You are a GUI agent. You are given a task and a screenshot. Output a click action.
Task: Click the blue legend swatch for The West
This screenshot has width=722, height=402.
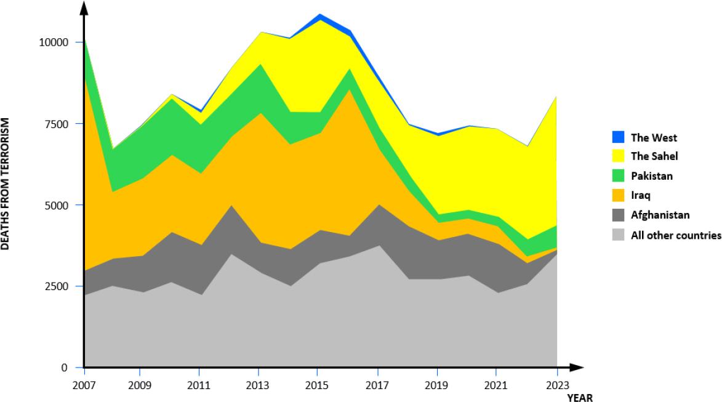pyautogui.click(x=619, y=137)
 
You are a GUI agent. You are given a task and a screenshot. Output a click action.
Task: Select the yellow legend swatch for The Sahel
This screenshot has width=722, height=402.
pyautogui.click(x=619, y=156)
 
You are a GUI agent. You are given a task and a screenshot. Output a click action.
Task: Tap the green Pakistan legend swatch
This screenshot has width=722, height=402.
pyautogui.click(x=619, y=176)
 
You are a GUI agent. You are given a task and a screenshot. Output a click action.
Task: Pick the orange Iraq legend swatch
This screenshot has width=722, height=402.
pyautogui.click(x=619, y=195)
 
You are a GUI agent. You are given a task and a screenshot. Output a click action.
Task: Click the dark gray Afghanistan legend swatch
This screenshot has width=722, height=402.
pyautogui.click(x=619, y=215)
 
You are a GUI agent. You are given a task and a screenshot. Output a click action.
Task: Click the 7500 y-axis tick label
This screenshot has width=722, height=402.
pyautogui.click(x=57, y=124)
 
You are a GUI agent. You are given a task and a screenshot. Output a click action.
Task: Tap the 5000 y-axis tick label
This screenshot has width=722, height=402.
pyautogui.click(x=57, y=205)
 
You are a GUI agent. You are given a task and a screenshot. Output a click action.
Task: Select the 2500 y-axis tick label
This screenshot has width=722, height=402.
pyautogui.click(x=57, y=286)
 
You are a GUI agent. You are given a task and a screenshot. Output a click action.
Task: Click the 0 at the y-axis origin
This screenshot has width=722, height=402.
pyautogui.click(x=65, y=368)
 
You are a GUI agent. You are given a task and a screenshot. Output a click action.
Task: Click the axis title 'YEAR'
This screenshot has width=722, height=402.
pyautogui.click(x=580, y=398)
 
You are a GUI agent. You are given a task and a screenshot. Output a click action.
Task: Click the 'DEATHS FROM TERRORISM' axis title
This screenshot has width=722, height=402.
pyautogui.click(x=6, y=184)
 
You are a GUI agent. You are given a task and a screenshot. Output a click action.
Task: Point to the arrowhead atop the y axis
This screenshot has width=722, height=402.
pyautogui.click(x=84, y=7)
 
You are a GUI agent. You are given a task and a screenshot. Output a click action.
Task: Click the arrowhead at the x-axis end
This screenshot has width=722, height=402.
pyautogui.click(x=577, y=368)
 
